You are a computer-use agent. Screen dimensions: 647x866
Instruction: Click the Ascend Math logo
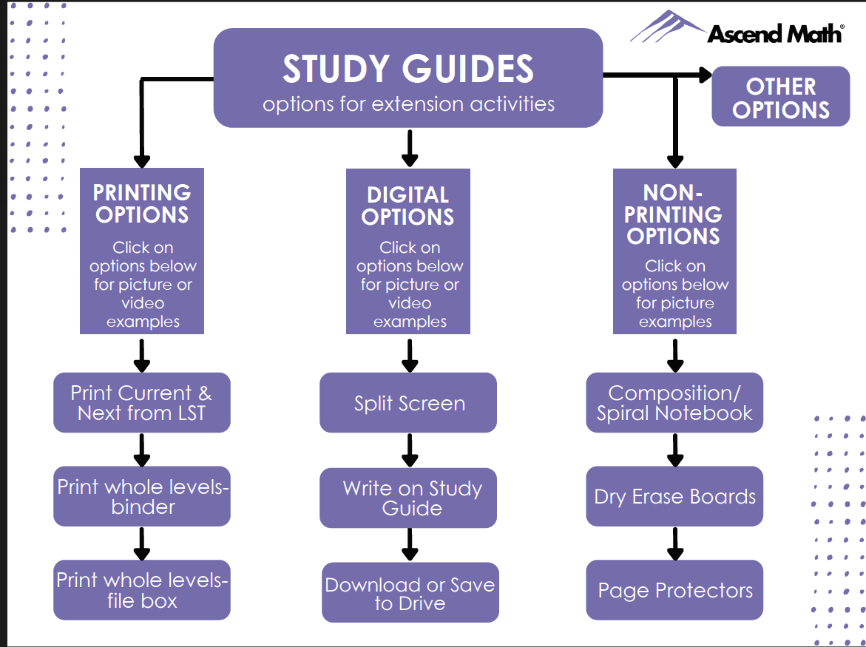737,29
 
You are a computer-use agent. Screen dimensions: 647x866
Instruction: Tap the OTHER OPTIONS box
780,97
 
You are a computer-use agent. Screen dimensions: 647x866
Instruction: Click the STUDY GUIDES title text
407,69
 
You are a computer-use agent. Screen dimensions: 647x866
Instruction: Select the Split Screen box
408,403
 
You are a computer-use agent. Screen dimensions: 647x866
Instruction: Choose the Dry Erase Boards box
674,496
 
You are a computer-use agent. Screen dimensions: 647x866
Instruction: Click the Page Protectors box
674,590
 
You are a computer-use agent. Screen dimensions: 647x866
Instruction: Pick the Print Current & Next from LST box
141,403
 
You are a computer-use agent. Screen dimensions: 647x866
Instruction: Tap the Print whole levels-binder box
141,496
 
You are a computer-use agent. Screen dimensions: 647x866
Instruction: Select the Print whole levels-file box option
141,590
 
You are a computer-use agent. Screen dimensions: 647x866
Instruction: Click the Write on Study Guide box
408,498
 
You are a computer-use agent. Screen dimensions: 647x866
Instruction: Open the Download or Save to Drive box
410,593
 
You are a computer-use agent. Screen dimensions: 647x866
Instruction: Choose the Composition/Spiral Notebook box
674,403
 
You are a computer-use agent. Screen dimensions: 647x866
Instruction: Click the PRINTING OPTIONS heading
141,203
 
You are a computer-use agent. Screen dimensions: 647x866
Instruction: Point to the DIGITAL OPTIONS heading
408,206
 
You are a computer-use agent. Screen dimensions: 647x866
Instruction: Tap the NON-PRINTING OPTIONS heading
673,214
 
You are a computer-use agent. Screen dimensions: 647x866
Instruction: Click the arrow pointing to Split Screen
410,355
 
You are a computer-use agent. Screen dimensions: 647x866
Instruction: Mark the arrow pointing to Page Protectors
674,543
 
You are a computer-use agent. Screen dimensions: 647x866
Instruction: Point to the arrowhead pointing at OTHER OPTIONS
703,75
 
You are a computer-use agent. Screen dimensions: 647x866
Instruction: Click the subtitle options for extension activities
408,104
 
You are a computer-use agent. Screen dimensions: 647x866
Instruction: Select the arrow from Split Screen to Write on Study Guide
410,450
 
